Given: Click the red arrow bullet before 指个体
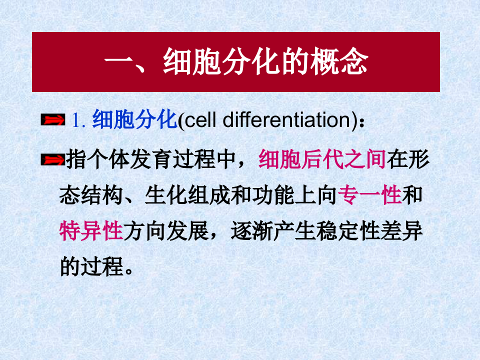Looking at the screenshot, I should coord(53,160).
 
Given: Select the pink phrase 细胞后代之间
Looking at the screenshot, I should coord(322,160).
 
